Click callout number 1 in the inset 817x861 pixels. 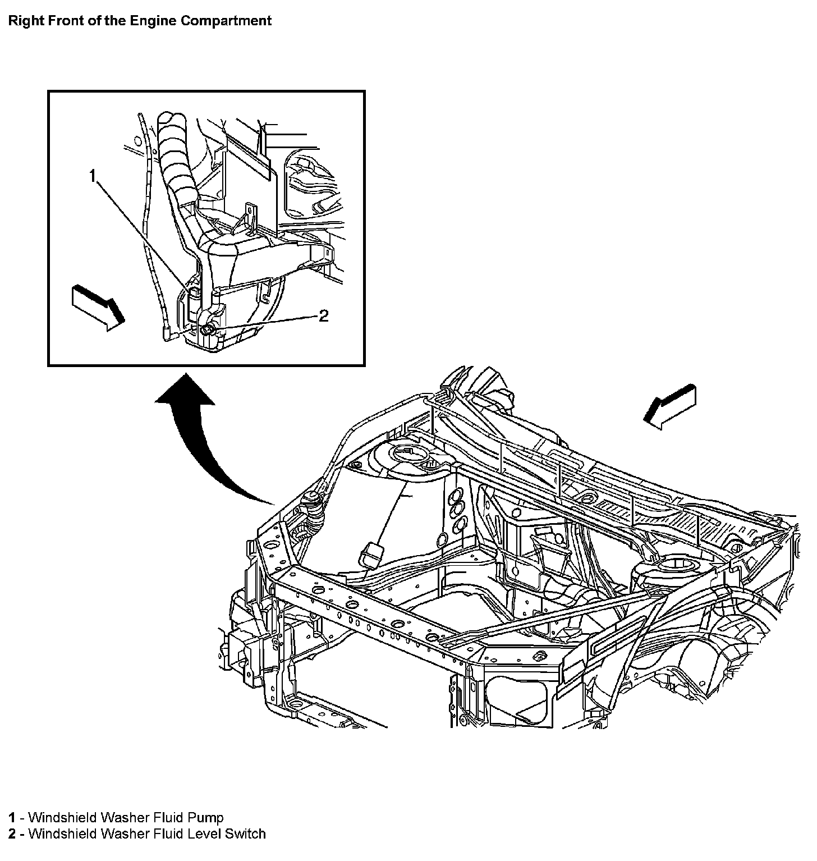pyautogui.click(x=93, y=176)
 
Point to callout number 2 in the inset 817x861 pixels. pyautogui.click(x=323, y=316)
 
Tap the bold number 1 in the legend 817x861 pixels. pyautogui.click(x=11, y=817)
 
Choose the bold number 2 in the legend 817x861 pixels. pyautogui.click(x=11, y=833)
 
